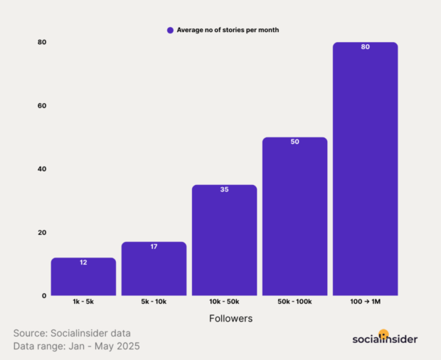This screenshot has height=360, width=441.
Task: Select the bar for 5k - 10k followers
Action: tap(154, 270)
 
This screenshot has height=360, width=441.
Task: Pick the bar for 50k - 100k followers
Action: tap(294, 217)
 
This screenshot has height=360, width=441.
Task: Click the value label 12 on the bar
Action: tap(83, 263)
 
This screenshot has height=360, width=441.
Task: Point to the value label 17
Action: tap(154, 247)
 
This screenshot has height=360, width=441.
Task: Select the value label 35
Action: tap(224, 190)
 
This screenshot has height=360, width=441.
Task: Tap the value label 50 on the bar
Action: tap(294, 142)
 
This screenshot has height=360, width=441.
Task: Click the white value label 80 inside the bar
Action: tap(365, 47)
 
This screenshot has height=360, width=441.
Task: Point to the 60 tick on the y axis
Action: tap(43, 106)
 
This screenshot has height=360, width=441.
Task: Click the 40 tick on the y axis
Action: tap(43, 169)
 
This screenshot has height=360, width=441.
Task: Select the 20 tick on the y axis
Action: tap(43, 233)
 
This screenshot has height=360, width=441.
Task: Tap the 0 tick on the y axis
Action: tap(44, 296)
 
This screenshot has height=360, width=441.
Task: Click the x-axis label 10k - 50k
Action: tap(224, 302)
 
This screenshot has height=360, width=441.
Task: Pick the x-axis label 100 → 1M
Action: tap(365, 302)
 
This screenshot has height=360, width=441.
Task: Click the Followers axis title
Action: tap(230, 319)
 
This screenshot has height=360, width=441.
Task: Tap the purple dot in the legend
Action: tap(170, 30)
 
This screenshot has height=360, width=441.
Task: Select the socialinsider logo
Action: tap(385, 339)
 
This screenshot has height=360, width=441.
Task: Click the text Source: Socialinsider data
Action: tap(72, 333)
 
